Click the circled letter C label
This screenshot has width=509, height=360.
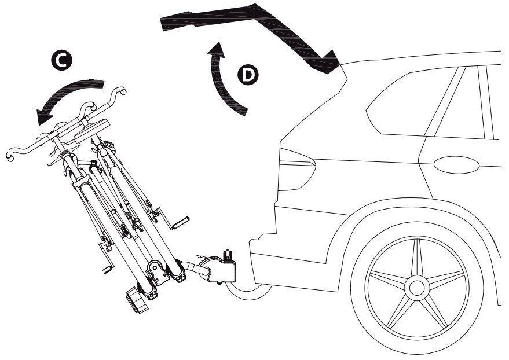[x=61, y=61]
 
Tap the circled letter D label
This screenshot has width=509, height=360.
[x=248, y=75]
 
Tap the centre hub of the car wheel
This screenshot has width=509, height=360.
[x=417, y=287]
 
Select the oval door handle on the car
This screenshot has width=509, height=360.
[x=456, y=165]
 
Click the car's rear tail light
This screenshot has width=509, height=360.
[x=296, y=170]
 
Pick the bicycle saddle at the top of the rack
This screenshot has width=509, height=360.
[x=92, y=130]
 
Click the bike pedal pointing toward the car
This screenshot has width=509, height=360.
[x=180, y=223]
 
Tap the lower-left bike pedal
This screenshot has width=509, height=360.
[x=108, y=269]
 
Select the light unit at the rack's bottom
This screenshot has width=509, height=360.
[x=137, y=299]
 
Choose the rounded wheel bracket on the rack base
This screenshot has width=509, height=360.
[x=157, y=273]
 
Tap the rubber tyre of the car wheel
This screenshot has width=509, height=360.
[x=417, y=287]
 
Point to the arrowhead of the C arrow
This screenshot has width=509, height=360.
[x=44, y=116]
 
